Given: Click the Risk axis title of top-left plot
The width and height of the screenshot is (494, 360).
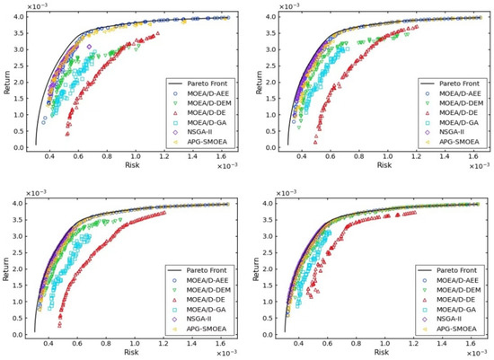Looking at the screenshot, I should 132,166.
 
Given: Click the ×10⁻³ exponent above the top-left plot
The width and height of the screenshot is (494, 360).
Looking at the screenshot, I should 41,6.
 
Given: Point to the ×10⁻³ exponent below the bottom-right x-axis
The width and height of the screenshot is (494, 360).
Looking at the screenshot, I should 472,353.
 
